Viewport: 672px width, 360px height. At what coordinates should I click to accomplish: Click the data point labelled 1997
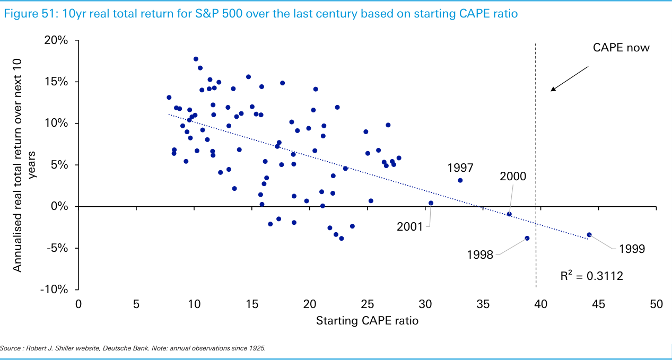(460, 180)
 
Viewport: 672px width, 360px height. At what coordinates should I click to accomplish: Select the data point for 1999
(589, 235)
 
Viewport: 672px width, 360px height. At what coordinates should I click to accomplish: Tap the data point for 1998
(527, 238)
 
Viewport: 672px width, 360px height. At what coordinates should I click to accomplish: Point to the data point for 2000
(509, 214)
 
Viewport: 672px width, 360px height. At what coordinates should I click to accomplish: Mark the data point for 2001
(431, 203)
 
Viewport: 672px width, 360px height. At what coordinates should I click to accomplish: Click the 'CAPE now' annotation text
(621, 48)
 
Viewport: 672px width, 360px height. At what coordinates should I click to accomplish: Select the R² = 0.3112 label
(591, 276)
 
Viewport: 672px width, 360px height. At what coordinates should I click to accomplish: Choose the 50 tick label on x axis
(656, 304)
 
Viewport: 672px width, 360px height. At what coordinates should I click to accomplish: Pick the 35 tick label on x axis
(483, 304)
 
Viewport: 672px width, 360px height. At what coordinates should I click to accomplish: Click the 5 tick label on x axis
(136, 304)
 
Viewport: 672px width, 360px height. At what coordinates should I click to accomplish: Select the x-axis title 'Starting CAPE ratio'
(367, 321)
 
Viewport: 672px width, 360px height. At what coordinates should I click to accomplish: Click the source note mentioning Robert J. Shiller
(133, 348)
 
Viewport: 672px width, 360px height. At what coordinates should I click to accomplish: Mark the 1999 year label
(631, 249)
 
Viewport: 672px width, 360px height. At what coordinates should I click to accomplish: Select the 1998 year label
(480, 254)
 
